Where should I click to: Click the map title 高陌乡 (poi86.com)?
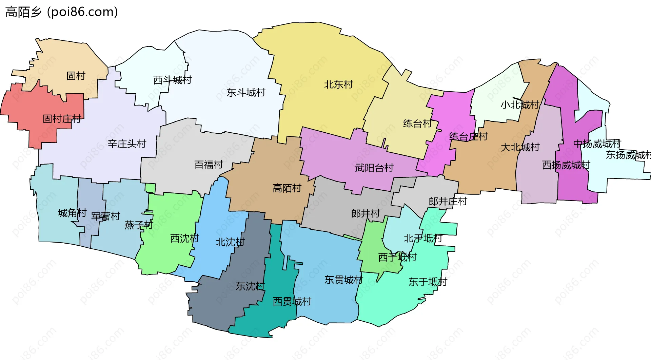[62, 12]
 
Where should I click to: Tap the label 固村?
[76, 76]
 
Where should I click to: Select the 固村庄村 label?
[62, 119]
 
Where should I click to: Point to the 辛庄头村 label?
[127, 144]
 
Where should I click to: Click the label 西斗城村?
[172, 80]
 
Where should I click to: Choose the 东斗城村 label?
[246, 92]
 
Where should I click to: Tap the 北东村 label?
[338, 84]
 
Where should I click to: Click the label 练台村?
[417, 123]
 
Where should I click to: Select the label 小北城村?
[520, 105]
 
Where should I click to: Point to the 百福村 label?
[209, 165]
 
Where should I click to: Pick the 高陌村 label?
[287, 188]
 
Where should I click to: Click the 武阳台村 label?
[374, 168]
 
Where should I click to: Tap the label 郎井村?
[365, 213]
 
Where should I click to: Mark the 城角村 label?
[72, 213]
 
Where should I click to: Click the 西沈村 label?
[184, 238]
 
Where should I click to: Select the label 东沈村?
[250, 286]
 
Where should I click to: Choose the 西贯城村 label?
[292, 301]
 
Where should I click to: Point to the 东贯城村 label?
[343, 280]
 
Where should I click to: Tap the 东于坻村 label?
[428, 282]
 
